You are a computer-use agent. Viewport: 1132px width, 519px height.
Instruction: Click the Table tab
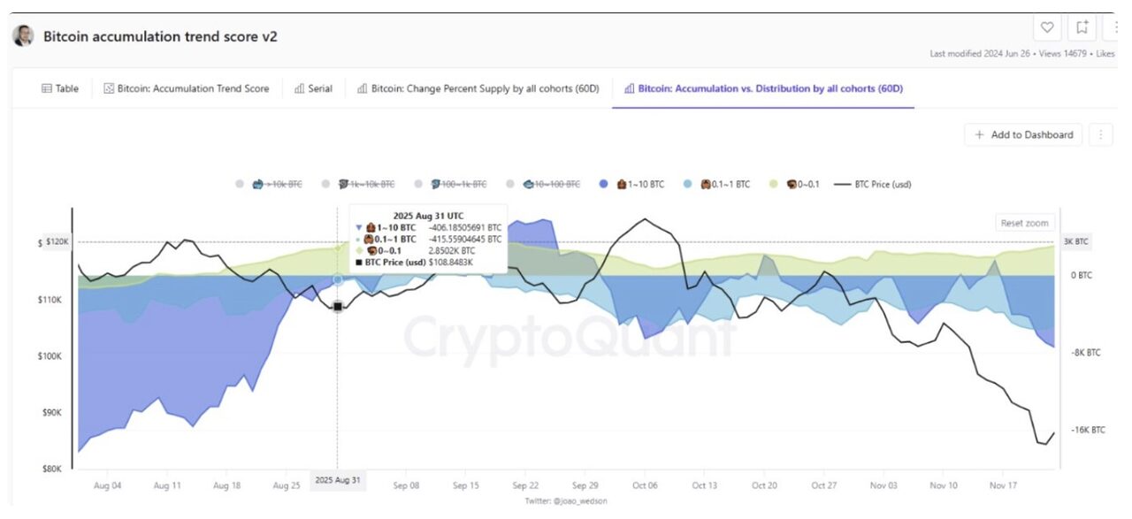[x=60, y=88]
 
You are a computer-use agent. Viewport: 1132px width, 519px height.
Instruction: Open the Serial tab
[x=313, y=88]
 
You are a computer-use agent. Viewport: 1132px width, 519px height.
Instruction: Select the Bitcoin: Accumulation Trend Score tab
[x=187, y=88]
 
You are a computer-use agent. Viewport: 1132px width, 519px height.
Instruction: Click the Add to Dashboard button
[x=1024, y=134]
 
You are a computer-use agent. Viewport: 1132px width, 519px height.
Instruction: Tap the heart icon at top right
[x=1048, y=28]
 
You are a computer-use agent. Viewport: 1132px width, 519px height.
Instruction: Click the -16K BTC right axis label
[x=1089, y=430]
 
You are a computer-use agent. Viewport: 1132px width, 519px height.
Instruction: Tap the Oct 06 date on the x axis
[x=645, y=485]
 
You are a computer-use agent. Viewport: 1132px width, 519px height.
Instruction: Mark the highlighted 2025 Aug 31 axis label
[x=338, y=480]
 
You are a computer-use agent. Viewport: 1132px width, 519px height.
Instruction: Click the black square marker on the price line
[x=338, y=306]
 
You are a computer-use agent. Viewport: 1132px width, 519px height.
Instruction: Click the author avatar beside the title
[x=24, y=36]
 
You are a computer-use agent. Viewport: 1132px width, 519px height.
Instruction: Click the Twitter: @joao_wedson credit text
[x=565, y=501]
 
